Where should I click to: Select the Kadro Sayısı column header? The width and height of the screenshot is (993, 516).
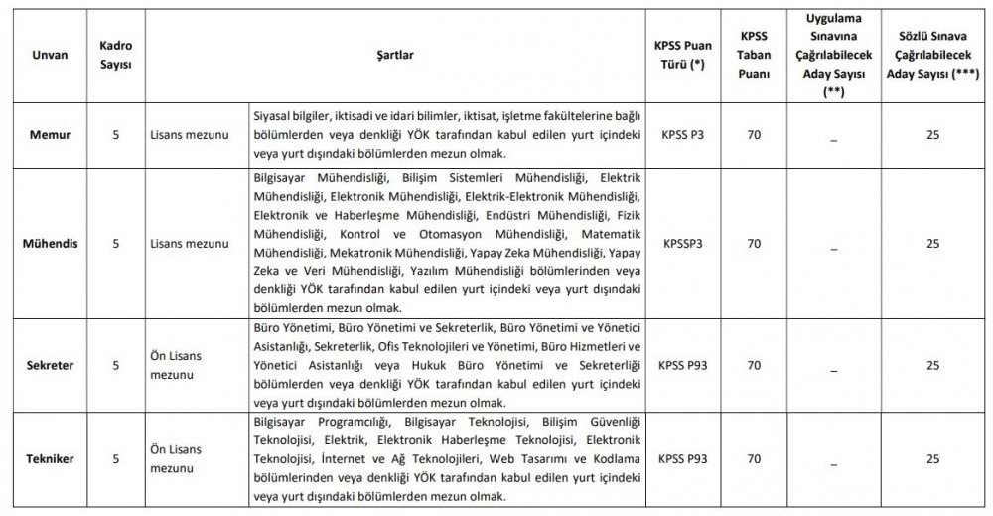click(117, 56)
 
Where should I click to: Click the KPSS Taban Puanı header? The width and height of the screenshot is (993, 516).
click(754, 56)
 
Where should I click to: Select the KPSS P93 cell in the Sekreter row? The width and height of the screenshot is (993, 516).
click(681, 365)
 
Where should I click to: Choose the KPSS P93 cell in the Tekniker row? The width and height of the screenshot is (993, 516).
click(681, 458)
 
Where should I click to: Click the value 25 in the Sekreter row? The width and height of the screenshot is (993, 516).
click(931, 366)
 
